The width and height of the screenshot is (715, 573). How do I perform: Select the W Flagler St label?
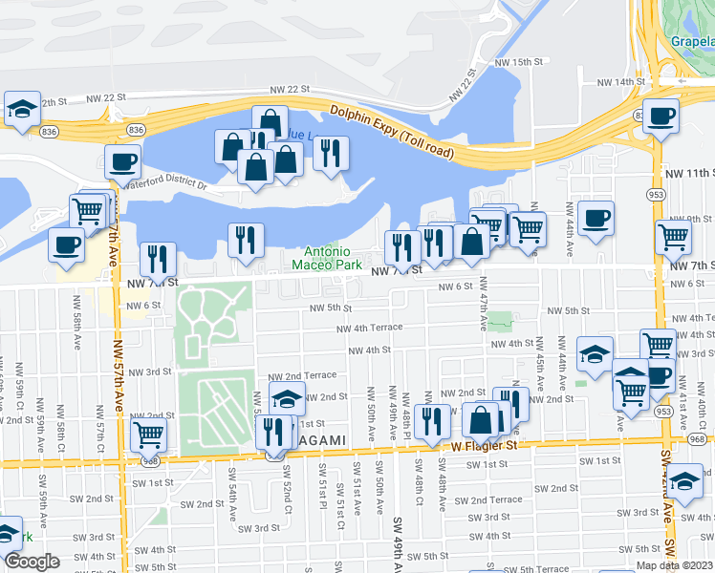click(484, 445)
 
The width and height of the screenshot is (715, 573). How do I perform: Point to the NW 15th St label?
click(518, 61)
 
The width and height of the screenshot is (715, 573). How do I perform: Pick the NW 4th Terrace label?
click(369, 328)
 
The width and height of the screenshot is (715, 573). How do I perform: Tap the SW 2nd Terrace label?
click(488, 499)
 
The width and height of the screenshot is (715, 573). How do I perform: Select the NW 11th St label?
click(688, 173)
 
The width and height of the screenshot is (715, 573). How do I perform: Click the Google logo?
click(32, 562)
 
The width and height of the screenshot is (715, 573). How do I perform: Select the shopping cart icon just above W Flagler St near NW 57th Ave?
click(149, 435)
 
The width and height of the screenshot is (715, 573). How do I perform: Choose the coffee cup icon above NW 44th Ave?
click(596, 218)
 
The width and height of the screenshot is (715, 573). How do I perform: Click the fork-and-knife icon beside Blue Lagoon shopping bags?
click(331, 153)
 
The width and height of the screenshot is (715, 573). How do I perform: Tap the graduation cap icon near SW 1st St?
click(685, 481)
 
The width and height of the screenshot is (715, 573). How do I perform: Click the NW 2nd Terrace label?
click(302, 376)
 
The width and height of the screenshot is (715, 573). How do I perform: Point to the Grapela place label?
click(691, 43)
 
